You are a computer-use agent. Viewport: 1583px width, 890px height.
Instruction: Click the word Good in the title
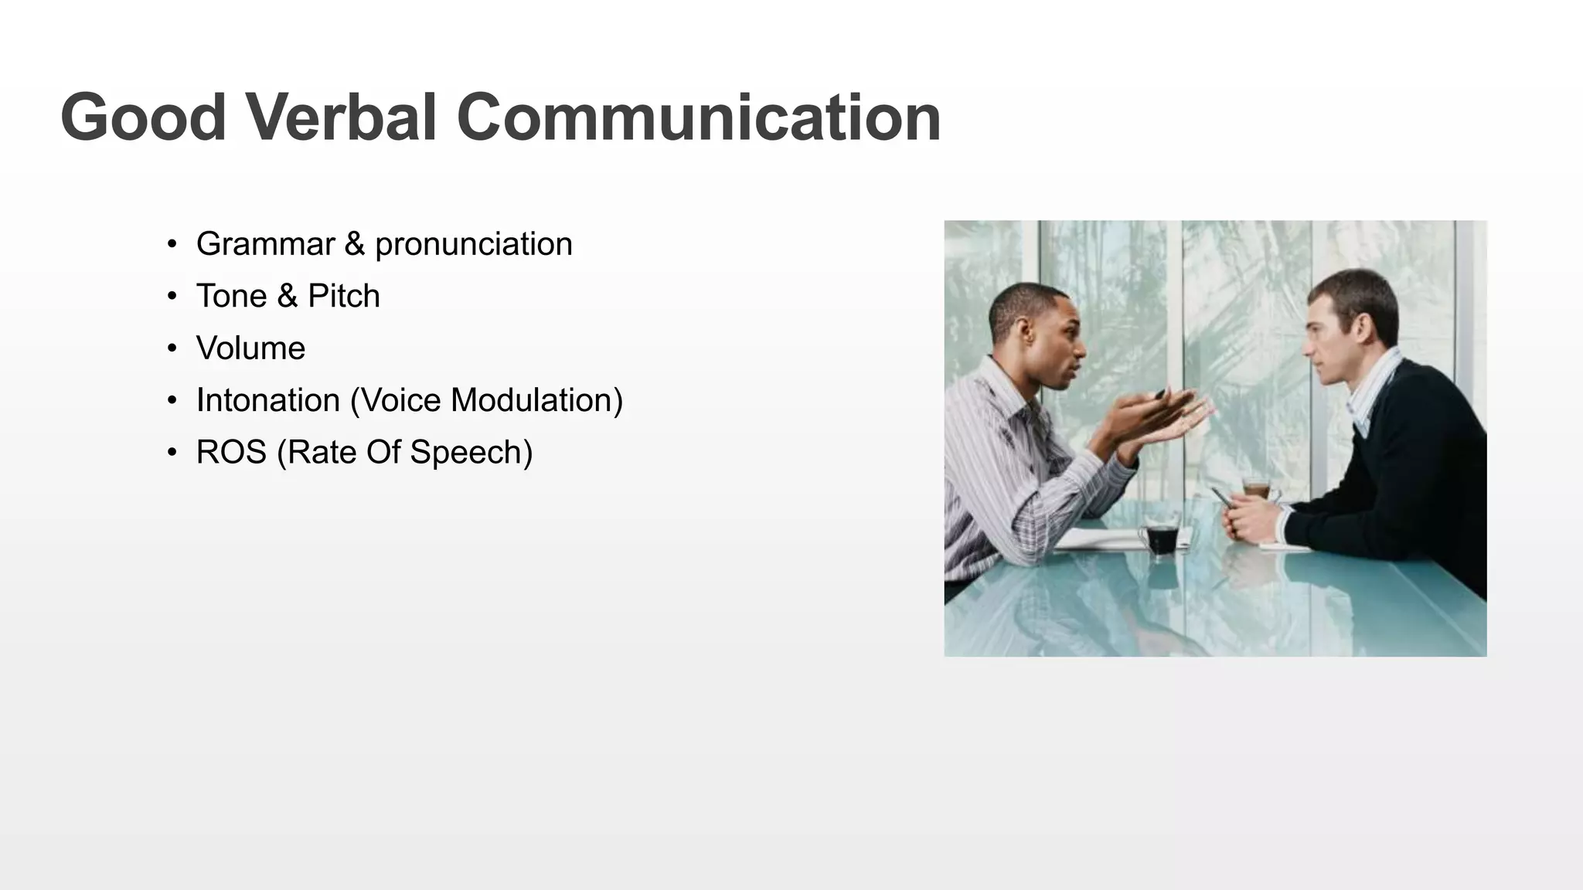pyautogui.click(x=143, y=117)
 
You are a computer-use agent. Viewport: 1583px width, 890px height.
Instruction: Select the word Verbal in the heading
pyautogui.click(x=342, y=117)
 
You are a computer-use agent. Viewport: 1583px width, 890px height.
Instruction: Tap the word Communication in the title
pyautogui.click(x=698, y=117)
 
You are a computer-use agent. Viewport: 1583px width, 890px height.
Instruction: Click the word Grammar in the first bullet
pyautogui.click(x=265, y=244)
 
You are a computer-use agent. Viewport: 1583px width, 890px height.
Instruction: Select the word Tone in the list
pyautogui.click(x=231, y=296)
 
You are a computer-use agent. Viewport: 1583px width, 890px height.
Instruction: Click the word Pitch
pyautogui.click(x=344, y=297)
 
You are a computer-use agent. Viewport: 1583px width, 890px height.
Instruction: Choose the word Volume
pyautogui.click(x=250, y=348)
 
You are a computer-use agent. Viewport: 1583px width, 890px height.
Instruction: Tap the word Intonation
pyautogui.click(x=267, y=400)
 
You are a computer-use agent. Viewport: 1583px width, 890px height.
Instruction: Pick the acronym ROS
pyautogui.click(x=231, y=453)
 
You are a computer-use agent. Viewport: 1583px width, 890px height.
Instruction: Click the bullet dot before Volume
pyautogui.click(x=172, y=349)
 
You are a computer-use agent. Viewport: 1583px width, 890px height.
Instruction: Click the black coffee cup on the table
pyautogui.click(x=1161, y=538)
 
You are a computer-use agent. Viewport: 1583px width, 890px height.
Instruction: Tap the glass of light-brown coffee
pyautogui.click(x=1257, y=489)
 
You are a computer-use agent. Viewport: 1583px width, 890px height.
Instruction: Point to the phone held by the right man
pyautogui.click(x=1221, y=497)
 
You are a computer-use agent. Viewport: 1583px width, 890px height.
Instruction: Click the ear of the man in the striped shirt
pyautogui.click(x=1026, y=334)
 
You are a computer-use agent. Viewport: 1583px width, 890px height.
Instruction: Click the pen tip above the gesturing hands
pyautogui.click(x=1160, y=394)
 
